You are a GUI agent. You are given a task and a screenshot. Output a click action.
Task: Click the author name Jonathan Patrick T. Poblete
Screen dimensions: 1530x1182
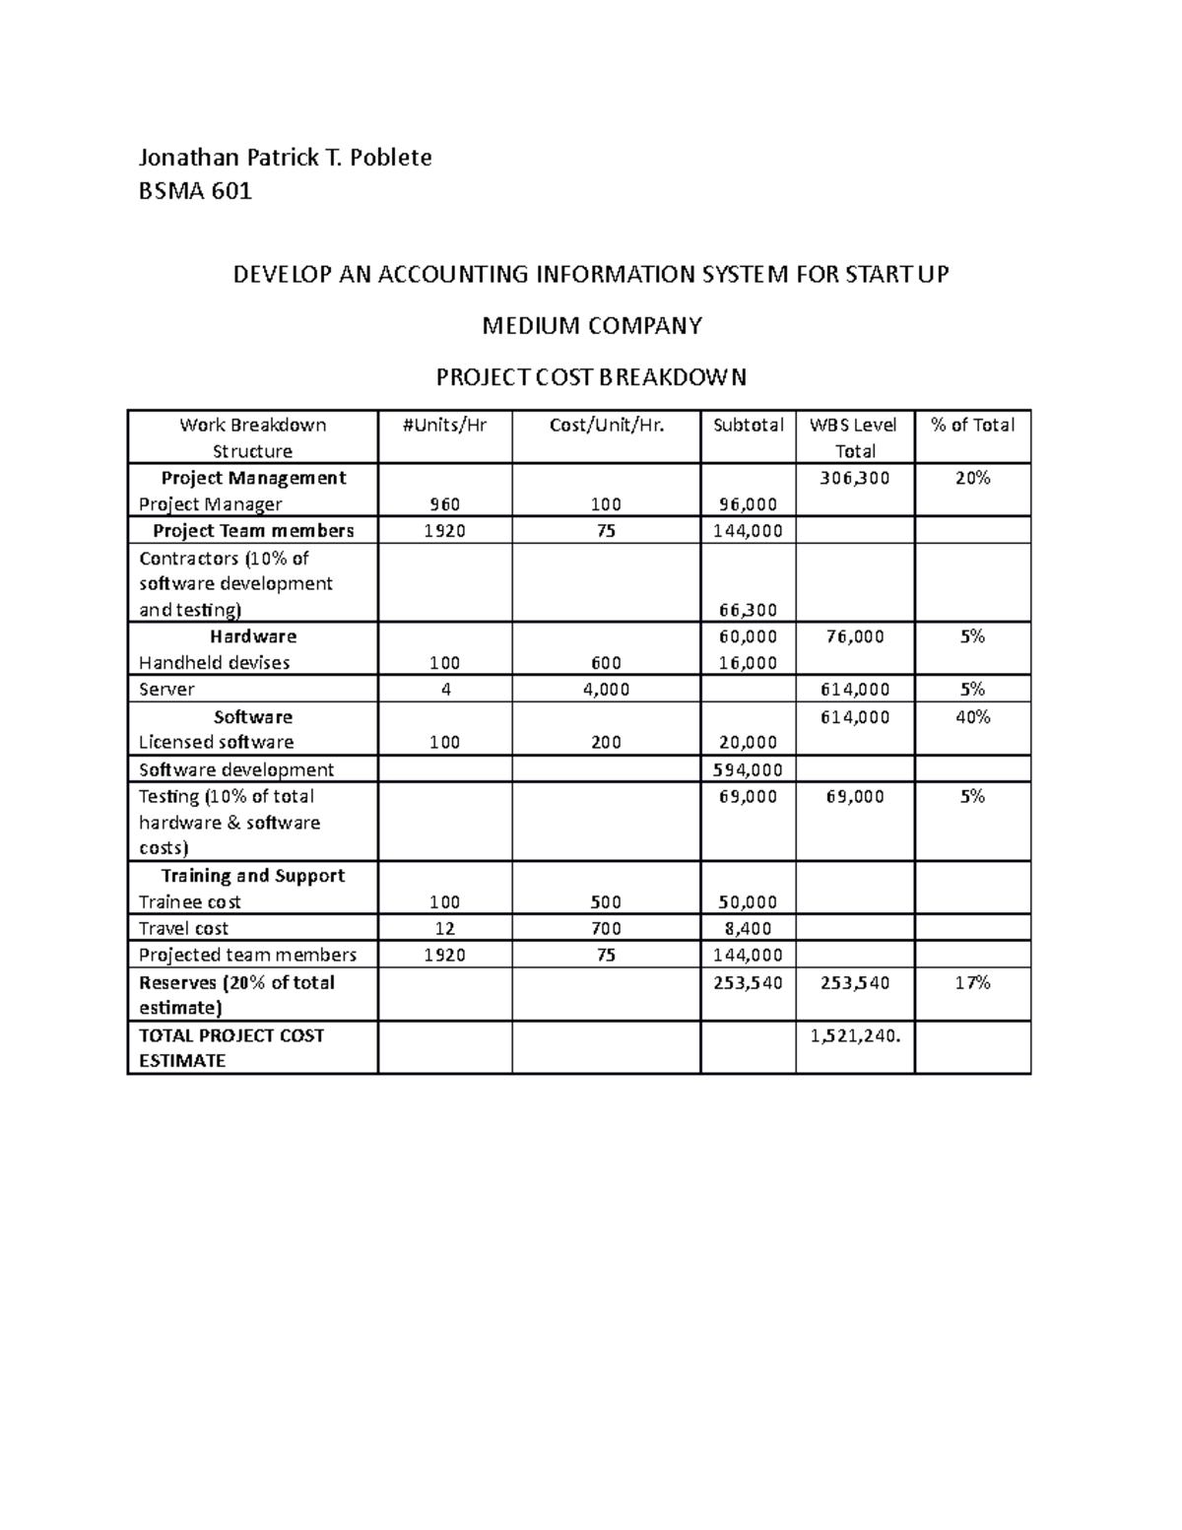click(x=285, y=158)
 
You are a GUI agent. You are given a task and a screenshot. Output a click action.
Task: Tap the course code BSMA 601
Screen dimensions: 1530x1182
click(x=195, y=191)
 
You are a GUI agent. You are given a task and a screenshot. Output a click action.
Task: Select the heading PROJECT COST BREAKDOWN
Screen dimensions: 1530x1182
click(x=591, y=377)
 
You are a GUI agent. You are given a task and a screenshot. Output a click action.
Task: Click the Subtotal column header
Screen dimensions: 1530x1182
click(x=748, y=425)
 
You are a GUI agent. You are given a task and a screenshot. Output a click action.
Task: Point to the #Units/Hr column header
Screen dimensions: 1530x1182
click(x=444, y=425)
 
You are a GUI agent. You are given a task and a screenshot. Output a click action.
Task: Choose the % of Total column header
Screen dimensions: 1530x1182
click(x=972, y=425)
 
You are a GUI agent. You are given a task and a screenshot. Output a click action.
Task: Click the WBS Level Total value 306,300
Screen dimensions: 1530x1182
click(x=854, y=478)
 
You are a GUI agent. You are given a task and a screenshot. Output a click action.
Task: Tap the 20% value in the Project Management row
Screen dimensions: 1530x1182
click(x=972, y=478)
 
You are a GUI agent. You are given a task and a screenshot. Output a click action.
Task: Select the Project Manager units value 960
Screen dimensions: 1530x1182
click(x=444, y=504)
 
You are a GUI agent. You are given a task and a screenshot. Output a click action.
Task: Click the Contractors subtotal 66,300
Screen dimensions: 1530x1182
click(x=748, y=610)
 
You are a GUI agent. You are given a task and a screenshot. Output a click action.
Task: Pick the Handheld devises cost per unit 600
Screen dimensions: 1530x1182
click(x=606, y=663)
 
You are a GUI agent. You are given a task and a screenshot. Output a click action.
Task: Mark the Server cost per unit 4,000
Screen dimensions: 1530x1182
click(x=606, y=690)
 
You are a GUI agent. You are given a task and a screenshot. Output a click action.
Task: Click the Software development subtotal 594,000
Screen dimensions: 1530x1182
click(x=748, y=769)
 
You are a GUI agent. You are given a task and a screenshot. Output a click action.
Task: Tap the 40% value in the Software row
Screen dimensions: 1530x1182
click(x=972, y=717)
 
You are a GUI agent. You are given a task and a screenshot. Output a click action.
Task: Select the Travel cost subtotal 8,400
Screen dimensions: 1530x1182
click(x=748, y=928)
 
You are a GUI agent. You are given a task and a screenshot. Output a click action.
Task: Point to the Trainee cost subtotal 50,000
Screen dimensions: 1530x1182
click(x=748, y=901)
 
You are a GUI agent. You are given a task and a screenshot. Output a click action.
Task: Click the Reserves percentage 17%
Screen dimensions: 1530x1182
click(x=972, y=982)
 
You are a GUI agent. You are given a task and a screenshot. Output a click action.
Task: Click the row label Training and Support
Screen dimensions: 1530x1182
click(x=252, y=876)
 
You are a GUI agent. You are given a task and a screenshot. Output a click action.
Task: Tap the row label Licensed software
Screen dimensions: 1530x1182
click(x=216, y=743)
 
